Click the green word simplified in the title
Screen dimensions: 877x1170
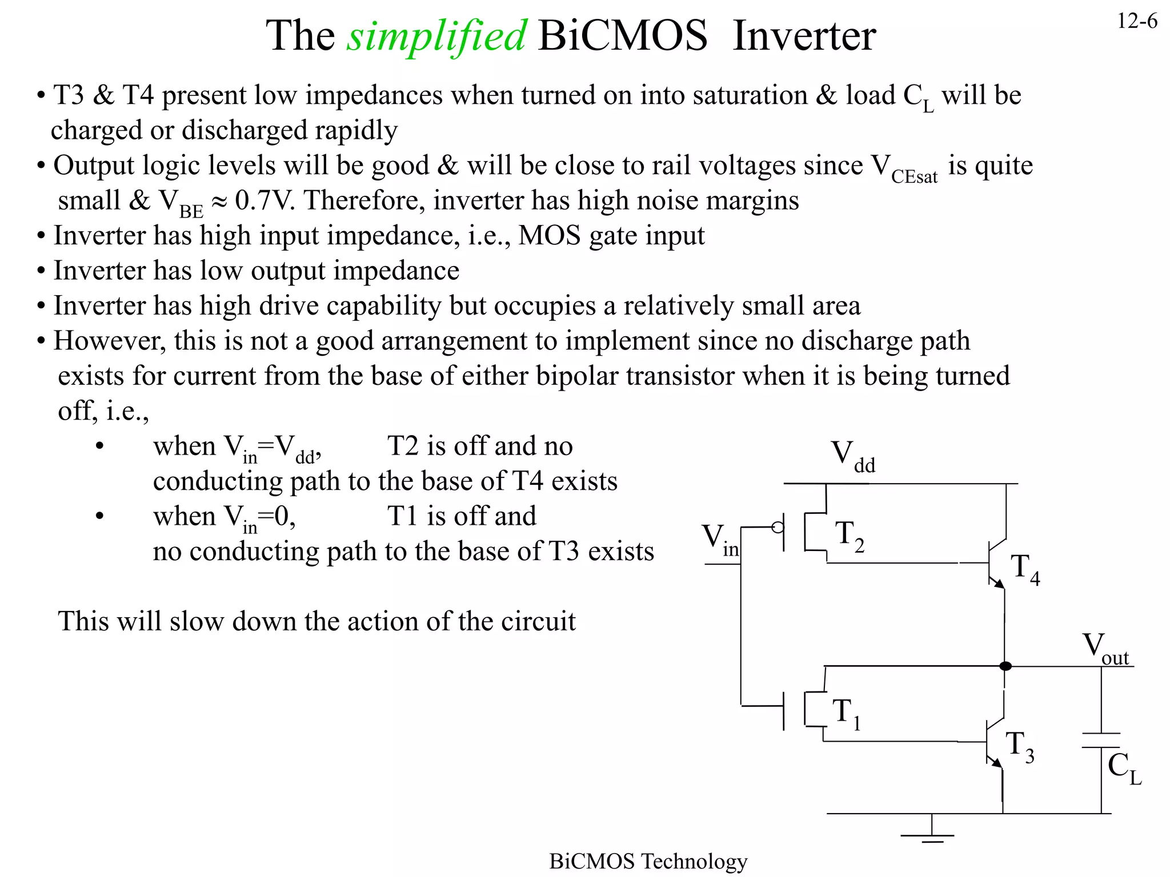[436, 36]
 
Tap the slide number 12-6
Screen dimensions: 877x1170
[1136, 22]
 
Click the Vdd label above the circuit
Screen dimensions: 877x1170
[852, 456]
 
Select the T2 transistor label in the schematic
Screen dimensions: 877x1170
[849, 536]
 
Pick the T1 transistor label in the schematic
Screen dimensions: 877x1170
[846, 714]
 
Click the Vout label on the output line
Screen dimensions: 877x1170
[1105, 649]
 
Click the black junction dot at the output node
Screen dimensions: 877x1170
[1005, 666]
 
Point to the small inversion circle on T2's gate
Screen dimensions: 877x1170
[778, 527]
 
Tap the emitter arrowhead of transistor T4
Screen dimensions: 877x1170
[999, 584]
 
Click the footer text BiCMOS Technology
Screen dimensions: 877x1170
[648, 861]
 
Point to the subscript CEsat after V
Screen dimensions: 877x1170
[914, 177]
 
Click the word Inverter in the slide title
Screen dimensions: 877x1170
[804, 36]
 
